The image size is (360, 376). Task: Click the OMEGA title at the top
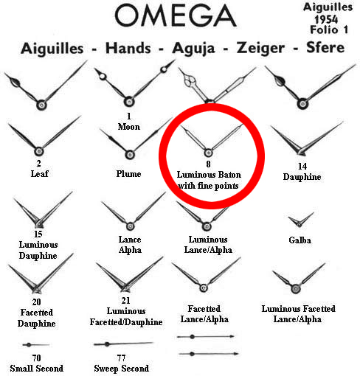click(x=176, y=15)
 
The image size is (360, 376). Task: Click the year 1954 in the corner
click(x=326, y=19)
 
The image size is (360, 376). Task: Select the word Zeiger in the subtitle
click(x=260, y=48)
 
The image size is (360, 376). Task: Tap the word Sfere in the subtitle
click(x=325, y=47)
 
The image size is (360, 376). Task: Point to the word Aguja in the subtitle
click(x=193, y=49)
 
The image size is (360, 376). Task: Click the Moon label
click(x=129, y=127)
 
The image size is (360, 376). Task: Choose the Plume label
click(x=128, y=174)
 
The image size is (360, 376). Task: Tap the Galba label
click(x=300, y=240)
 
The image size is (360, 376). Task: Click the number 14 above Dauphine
click(x=302, y=167)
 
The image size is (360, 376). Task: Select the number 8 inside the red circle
click(x=208, y=164)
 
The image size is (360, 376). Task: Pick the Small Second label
click(x=37, y=369)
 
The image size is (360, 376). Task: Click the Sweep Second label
click(x=121, y=369)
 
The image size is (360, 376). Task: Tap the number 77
click(x=121, y=358)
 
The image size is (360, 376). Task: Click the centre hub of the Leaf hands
click(x=39, y=151)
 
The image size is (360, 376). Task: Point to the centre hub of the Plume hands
click(x=130, y=155)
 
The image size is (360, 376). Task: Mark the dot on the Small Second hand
click(x=29, y=345)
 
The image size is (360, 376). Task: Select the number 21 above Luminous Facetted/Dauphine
click(x=126, y=300)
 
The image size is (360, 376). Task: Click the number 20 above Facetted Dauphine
click(x=36, y=302)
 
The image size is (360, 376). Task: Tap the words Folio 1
click(x=329, y=29)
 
